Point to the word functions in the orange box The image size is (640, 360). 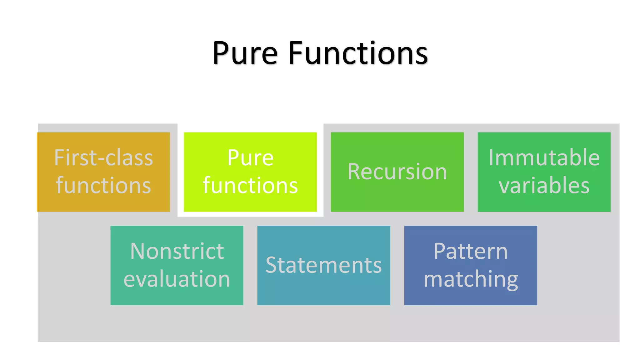coord(103,185)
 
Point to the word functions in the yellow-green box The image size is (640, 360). coord(250,185)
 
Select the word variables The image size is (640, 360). coord(544,185)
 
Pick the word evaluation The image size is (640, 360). coord(177,279)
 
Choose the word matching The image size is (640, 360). coord(471,279)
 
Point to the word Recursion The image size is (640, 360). coord(397,172)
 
